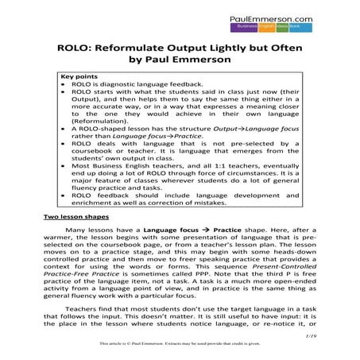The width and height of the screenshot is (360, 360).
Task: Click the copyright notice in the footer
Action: [179, 345]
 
